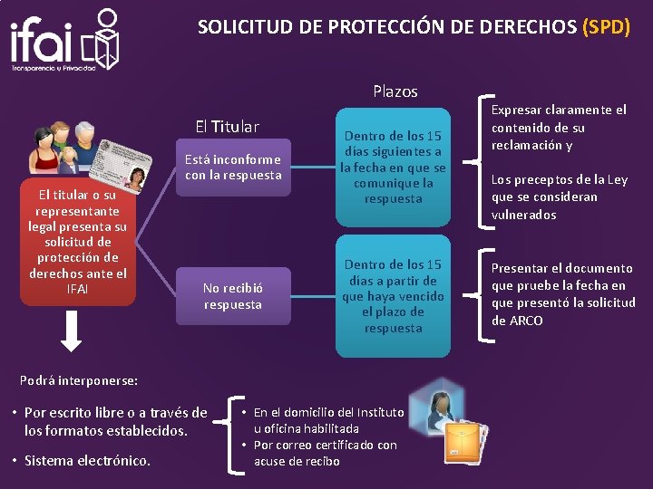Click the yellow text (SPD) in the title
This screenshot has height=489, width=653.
[606, 26]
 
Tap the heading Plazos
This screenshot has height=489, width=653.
[395, 91]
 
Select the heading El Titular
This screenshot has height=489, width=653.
[227, 127]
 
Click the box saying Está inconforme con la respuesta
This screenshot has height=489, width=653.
[233, 168]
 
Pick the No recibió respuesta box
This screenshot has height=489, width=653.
[232, 296]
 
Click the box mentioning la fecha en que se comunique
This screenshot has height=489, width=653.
[393, 168]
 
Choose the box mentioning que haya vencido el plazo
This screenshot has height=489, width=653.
[393, 296]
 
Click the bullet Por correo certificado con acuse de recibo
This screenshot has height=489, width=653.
[325, 453]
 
